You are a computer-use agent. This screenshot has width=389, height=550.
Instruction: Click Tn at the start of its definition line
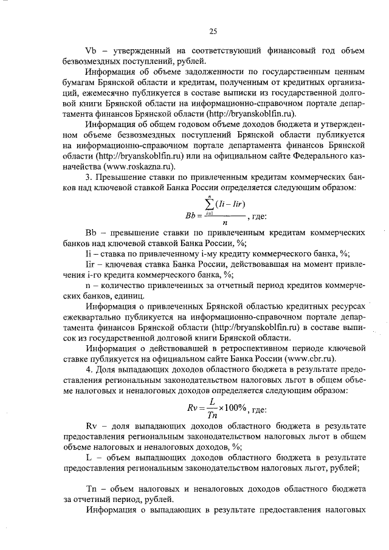coord(92,489)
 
